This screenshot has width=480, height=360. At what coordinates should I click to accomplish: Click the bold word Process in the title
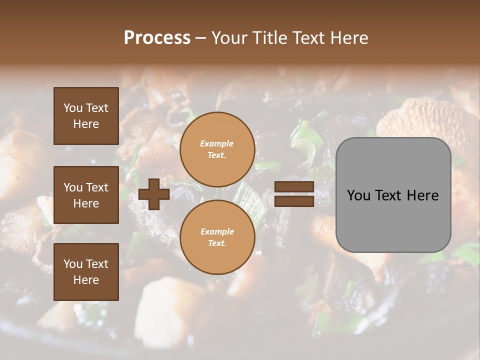[157, 38]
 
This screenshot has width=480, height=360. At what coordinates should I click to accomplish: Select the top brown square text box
[86, 116]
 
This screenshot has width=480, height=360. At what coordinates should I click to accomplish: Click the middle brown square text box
[86, 195]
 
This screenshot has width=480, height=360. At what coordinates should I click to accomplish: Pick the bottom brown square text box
[86, 271]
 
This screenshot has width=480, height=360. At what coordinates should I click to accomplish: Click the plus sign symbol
[154, 194]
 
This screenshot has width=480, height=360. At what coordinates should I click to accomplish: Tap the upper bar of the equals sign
[294, 187]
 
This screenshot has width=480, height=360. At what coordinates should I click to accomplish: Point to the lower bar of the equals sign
[294, 201]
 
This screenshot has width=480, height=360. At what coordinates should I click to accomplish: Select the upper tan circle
[217, 149]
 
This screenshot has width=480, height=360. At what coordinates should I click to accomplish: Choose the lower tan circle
[217, 237]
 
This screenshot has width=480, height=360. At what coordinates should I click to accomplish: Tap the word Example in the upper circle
[217, 143]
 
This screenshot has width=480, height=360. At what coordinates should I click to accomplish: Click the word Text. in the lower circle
[217, 243]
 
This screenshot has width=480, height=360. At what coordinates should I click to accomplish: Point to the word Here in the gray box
[422, 195]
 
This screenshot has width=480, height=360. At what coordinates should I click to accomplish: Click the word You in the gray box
[358, 195]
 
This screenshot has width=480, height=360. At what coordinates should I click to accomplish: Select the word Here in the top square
[86, 124]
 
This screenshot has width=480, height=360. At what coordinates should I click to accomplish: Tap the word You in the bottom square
[73, 263]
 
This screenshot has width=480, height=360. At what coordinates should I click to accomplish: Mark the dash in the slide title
[201, 38]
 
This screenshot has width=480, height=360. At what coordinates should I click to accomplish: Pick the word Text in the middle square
[97, 187]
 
